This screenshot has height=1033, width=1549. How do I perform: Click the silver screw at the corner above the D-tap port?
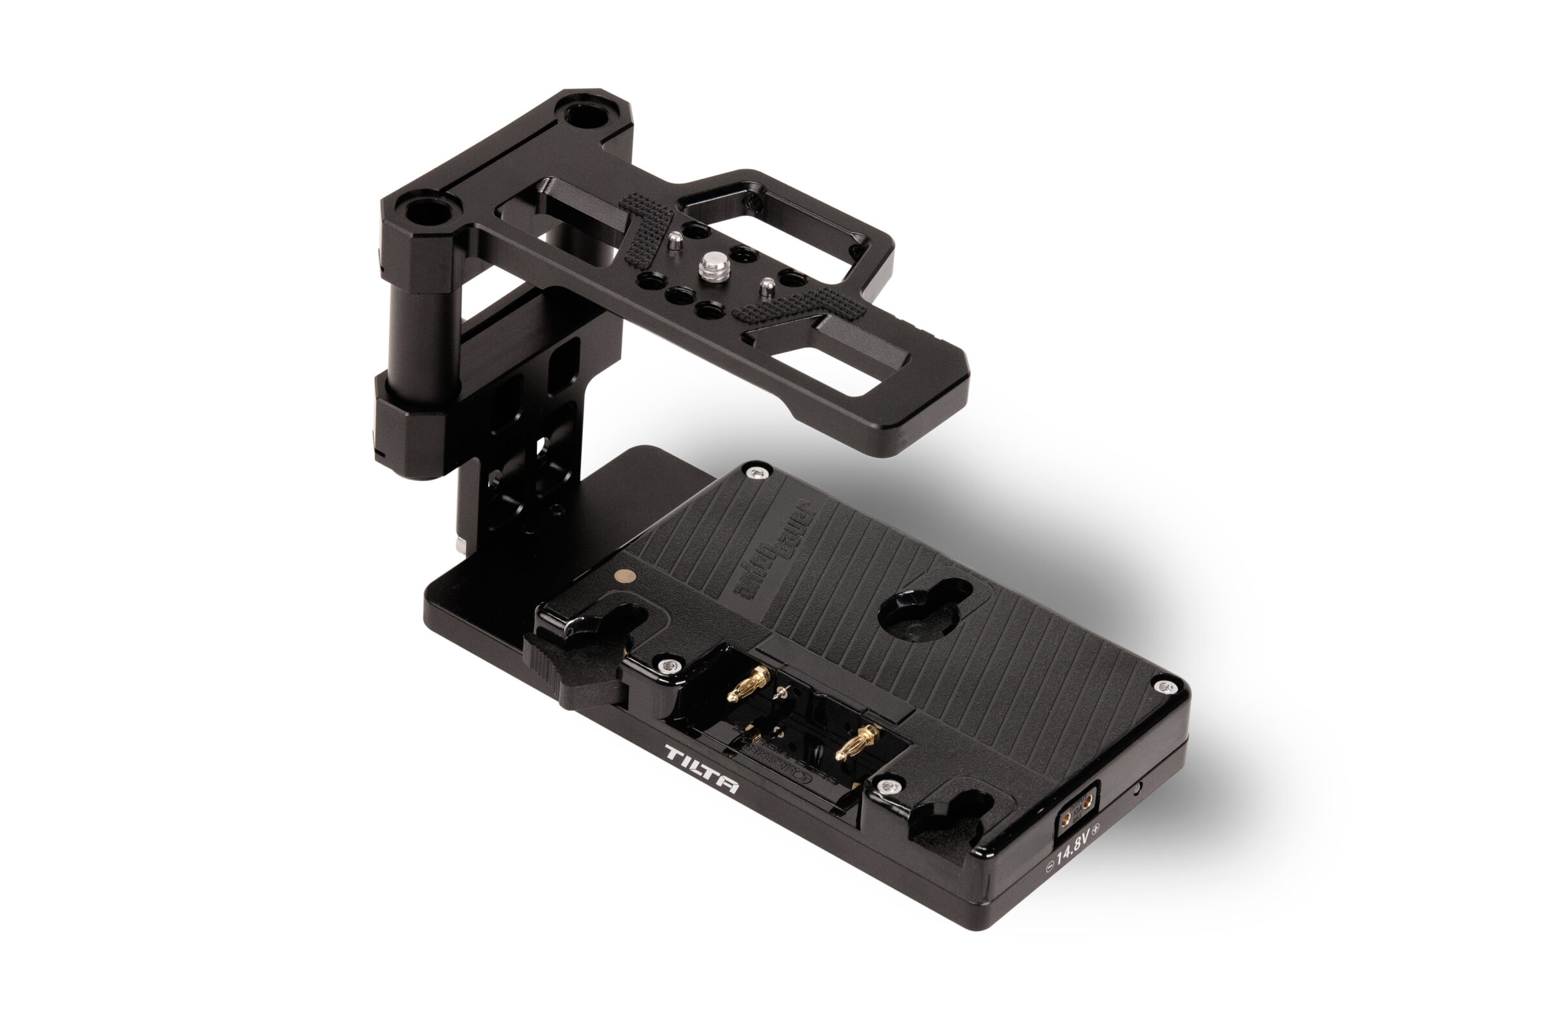click(x=1166, y=687)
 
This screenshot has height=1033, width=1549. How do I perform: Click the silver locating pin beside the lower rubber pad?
click(x=766, y=287)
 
